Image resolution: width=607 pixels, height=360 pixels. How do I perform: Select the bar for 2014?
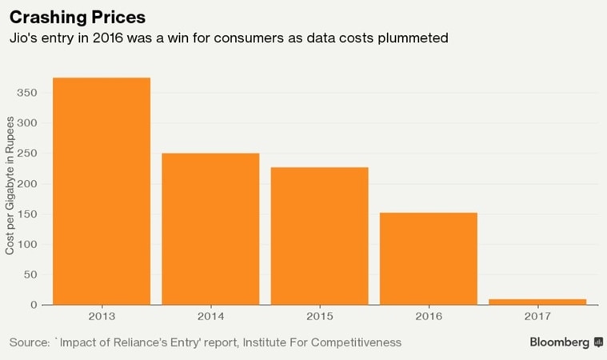point(210,228)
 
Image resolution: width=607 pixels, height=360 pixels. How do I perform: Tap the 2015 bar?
point(320,235)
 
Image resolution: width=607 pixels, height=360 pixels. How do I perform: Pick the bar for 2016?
point(429,258)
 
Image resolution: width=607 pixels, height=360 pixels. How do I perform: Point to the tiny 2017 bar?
point(537,302)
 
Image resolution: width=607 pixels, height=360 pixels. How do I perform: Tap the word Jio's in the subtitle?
point(23,37)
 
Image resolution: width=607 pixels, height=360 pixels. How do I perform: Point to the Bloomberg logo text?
point(559,342)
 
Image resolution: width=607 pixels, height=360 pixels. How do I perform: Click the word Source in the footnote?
point(28,342)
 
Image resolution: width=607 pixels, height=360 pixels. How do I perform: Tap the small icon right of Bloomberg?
point(597,342)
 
